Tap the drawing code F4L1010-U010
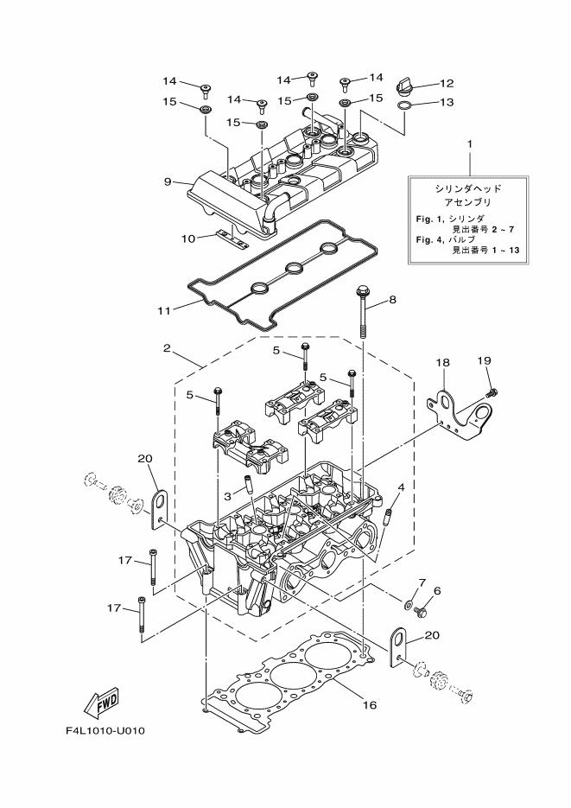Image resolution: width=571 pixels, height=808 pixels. pos(105,731)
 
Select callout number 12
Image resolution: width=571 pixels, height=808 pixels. pos(446,84)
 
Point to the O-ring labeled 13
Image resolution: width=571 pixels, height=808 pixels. pos(404,105)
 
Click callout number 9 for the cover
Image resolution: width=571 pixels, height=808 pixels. pos(168,181)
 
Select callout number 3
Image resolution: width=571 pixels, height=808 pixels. pos(227,497)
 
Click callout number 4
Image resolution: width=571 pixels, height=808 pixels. pos(400,488)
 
